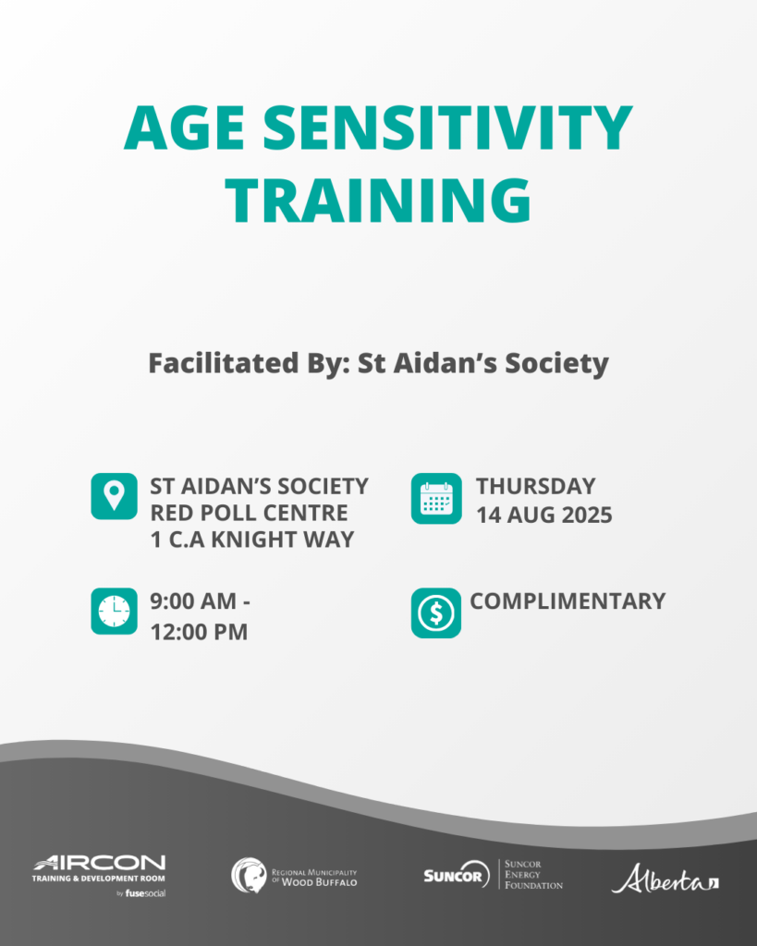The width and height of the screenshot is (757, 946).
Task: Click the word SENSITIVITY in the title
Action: [x=447, y=127]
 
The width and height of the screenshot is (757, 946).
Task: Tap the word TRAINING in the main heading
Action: [x=379, y=200]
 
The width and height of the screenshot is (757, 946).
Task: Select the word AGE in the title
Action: [x=184, y=127]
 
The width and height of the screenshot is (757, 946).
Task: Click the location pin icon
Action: [x=114, y=496]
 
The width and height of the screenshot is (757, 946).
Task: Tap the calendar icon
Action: [x=436, y=498]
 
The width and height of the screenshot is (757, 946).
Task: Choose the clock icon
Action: [x=114, y=612]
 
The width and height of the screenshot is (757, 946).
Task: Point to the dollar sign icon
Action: [x=436, y=613]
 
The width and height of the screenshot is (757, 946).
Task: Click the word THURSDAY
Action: [x=535, y=486]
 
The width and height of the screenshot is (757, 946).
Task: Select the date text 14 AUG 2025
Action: [x=543, y=515]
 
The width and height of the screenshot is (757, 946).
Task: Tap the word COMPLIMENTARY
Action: [x=568, y=600]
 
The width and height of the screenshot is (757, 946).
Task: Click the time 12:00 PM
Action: [x=199, y=632]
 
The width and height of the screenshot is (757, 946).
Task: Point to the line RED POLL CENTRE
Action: [x=249, y=513]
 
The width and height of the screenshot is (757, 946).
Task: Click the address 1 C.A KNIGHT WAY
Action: [x=252, y=540]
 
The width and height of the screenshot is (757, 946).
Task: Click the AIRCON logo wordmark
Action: [x=100, y=863]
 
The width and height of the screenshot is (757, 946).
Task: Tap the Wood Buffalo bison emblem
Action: [x=249, y=876]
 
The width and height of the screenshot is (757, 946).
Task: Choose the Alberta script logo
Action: [x=665, y=879]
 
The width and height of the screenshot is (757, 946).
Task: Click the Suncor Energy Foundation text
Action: [x=533, y=875]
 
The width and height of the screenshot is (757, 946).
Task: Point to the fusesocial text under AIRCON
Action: [x=145, y=893]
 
